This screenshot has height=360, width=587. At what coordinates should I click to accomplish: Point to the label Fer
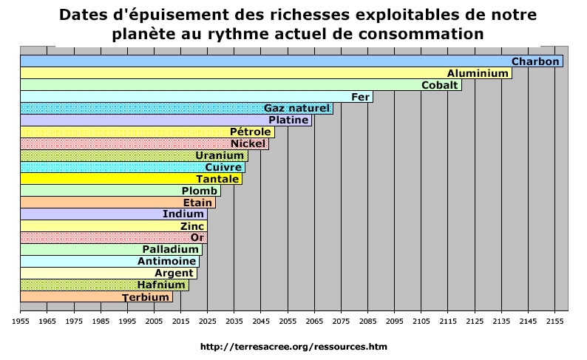point(361,97)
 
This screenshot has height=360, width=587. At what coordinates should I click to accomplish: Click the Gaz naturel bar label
point(296,109)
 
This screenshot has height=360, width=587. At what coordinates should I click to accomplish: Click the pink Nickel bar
point(144,143)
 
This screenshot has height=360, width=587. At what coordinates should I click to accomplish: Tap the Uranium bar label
point(220,156)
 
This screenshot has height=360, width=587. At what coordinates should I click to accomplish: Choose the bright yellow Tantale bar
point(130,179)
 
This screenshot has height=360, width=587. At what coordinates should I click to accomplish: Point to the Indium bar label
point(183,214)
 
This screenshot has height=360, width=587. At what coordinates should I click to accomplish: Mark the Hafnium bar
point(104,285)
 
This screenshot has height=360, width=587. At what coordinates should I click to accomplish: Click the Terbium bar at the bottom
point(95,296)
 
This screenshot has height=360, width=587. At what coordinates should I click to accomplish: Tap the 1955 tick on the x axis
point(20,322)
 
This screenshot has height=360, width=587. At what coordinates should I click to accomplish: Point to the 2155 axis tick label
point(554,322)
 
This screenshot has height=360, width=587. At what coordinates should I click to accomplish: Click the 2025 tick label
point(207,322)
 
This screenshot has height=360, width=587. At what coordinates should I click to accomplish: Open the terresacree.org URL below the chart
point(293,346)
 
